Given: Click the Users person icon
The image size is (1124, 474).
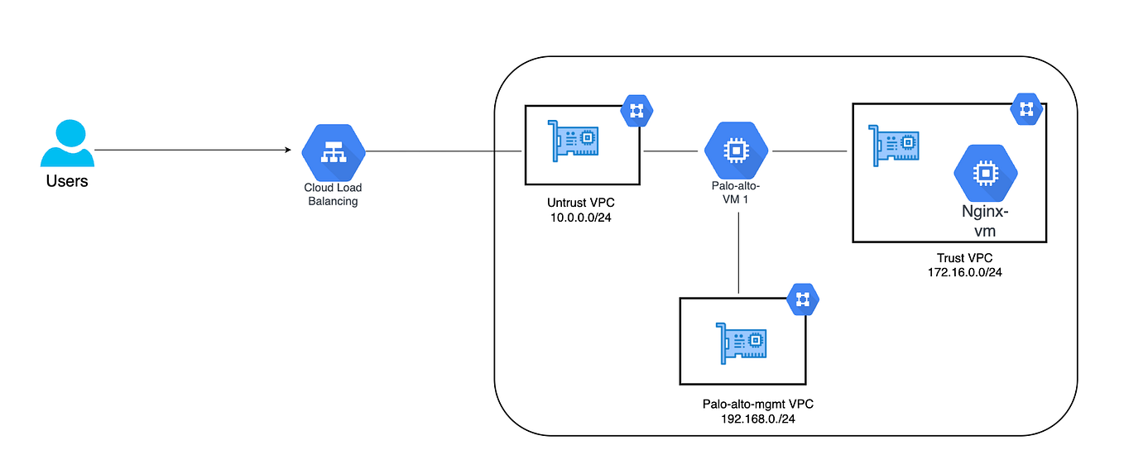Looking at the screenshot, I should (67, 145).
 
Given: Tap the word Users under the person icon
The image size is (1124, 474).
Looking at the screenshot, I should (67, 180).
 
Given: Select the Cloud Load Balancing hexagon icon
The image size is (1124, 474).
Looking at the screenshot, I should (333, 152).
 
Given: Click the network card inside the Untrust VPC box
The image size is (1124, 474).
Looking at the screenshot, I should (574, 138).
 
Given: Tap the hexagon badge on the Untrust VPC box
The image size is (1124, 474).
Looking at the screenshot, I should (636, 110).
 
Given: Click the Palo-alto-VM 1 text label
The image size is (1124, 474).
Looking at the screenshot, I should (736, 193).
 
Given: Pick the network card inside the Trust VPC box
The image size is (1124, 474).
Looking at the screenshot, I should (892, 145).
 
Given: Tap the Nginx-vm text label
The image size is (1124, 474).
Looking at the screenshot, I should (985, 221).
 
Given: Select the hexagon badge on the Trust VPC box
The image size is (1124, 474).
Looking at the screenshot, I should (1027, 108).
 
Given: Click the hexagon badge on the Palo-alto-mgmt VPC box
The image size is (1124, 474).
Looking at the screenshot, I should (801, 299).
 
